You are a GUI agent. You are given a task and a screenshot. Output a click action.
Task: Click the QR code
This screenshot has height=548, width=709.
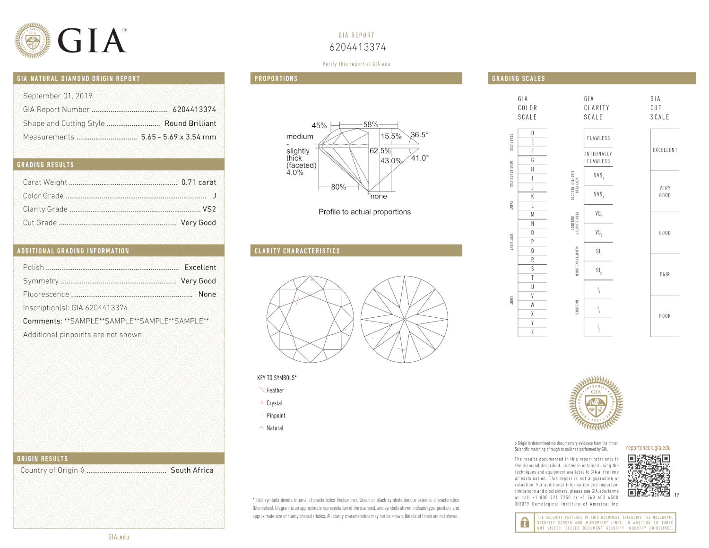[x=648, y=475]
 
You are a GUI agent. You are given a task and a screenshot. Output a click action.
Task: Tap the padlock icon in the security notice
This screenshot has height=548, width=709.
[x=524, y=522]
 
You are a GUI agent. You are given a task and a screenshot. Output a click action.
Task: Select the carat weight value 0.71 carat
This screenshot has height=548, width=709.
[x=199, y=182]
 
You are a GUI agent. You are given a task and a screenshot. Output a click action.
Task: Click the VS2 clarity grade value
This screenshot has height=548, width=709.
[x=209, y=209]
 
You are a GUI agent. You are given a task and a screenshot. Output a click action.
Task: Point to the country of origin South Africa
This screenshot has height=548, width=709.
[x=192, y=470]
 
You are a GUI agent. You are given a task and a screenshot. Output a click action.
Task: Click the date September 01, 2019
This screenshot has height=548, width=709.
[x=58, y=96]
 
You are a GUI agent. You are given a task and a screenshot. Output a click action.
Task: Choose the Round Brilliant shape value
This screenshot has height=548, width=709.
[x=190, y=123]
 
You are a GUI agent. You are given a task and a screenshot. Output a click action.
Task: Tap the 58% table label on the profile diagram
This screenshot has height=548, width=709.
[x=371, y=125]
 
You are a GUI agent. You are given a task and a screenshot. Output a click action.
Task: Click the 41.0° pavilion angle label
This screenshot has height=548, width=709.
[x=420, y=158]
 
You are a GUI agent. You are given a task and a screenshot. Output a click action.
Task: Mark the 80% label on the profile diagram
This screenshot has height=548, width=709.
[x=338, y=187]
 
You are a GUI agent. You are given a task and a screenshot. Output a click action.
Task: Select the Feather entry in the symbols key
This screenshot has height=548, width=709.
[x=275, y=391]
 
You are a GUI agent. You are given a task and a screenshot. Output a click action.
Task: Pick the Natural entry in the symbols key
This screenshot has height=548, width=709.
[x=275, y=428]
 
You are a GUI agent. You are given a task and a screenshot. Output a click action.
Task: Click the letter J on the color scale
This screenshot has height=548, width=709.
[x=532, y=187]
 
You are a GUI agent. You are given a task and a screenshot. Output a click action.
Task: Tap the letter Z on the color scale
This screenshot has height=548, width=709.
[x=532, y=332]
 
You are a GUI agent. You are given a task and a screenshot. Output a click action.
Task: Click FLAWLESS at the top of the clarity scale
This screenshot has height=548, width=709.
[x=598, y=138]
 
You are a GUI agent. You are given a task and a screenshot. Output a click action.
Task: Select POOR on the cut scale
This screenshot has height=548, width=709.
[x=665, y=316]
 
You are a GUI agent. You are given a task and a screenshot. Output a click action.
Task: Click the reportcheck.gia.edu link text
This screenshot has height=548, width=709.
[x=648, y=448]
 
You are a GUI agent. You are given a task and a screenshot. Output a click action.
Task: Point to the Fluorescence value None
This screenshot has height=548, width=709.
[x=207, y=294]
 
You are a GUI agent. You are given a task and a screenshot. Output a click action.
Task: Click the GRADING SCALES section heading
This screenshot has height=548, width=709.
[x=519, y=78]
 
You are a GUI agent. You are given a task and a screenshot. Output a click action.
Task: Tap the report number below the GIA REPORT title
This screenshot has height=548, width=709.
[x=357, y=47]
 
